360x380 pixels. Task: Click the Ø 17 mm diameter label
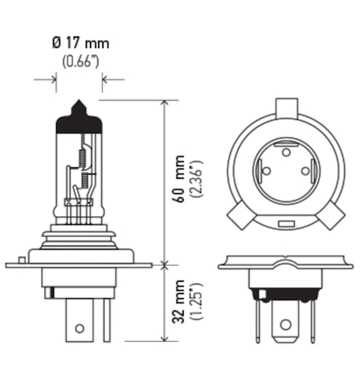(80, 43)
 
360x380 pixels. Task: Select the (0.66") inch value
(80, 62)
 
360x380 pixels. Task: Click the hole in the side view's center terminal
(78, 328)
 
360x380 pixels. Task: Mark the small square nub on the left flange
(21, 260)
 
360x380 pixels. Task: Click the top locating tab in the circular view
(286, 107)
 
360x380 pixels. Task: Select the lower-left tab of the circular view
(239, 216)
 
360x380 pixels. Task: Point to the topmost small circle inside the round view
(286, 152)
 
